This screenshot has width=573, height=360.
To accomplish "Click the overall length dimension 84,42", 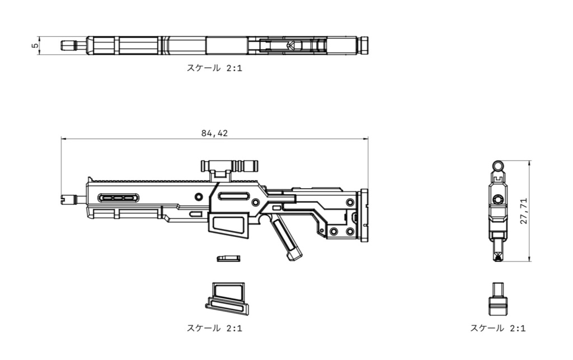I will point(215,133).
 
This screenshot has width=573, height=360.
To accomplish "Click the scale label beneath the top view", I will point(214,68).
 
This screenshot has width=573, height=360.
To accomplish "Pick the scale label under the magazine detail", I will point(214,328).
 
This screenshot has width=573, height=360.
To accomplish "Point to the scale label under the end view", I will point(497,328).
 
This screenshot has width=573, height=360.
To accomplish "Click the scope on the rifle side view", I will point(229,165).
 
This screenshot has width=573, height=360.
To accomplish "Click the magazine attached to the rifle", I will point(228,226).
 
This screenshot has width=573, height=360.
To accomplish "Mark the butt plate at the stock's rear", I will point(365,216).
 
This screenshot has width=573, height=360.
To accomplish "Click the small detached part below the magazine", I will point(228,258).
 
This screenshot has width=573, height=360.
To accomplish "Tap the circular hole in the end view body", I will point(497,199).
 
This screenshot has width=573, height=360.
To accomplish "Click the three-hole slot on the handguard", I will point(118,198).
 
